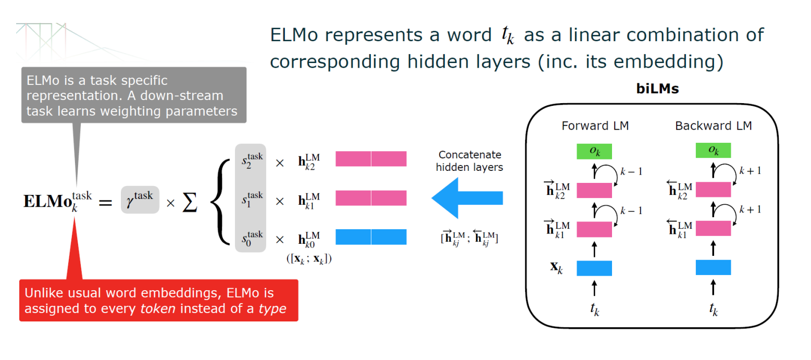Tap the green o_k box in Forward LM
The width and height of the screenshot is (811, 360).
594,151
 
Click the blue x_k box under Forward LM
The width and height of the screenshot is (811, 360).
594,268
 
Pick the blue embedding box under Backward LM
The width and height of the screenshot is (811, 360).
713,268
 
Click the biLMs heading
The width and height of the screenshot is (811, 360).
658,89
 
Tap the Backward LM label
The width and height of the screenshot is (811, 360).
713,126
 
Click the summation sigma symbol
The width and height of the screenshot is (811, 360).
191,202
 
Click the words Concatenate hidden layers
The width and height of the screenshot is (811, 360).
469,161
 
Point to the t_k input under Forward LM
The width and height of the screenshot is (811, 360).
594,310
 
